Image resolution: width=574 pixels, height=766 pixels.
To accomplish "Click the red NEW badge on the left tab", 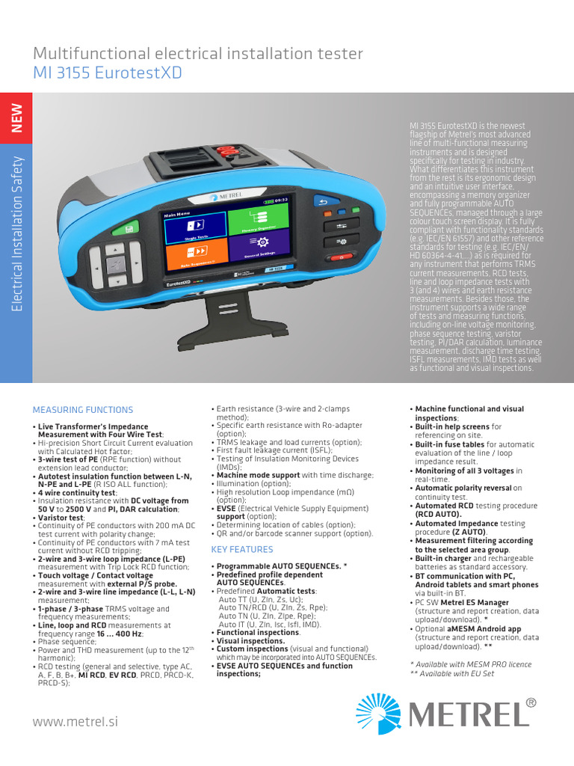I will [x=16, y=117].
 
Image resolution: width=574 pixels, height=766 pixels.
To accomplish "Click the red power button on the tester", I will [x=340, y=257].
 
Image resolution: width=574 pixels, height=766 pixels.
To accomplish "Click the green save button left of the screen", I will [x=130, y=228].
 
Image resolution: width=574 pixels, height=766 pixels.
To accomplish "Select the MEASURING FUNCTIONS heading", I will [x=83, y=410].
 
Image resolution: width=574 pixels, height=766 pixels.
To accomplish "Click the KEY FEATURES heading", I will [x=241, y=550].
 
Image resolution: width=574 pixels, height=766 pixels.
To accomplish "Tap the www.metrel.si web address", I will [x=75, y=722].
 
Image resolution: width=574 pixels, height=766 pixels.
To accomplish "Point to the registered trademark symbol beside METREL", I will [x=531, y=702].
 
